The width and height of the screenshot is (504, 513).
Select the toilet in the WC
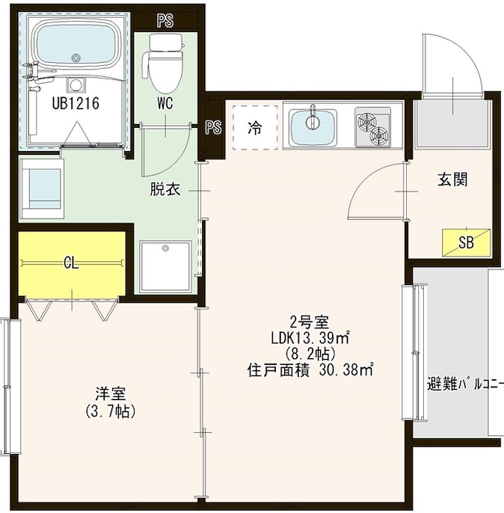click(x=165, y=64)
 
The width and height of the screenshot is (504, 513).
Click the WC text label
click(x=165, y=104)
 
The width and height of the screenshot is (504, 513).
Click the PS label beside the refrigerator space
click(x=213, y=127)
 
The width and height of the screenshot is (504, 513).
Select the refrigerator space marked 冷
click(x=255, y=128)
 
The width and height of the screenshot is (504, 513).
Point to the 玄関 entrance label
click(x=452, y=180)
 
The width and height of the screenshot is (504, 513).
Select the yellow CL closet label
click(x=72, y=262)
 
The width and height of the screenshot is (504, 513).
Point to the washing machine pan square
click(x=165, y=266)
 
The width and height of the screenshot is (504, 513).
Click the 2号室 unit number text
click(x=310, y=323)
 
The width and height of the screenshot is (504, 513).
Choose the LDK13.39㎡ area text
click(x=310, y=338)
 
